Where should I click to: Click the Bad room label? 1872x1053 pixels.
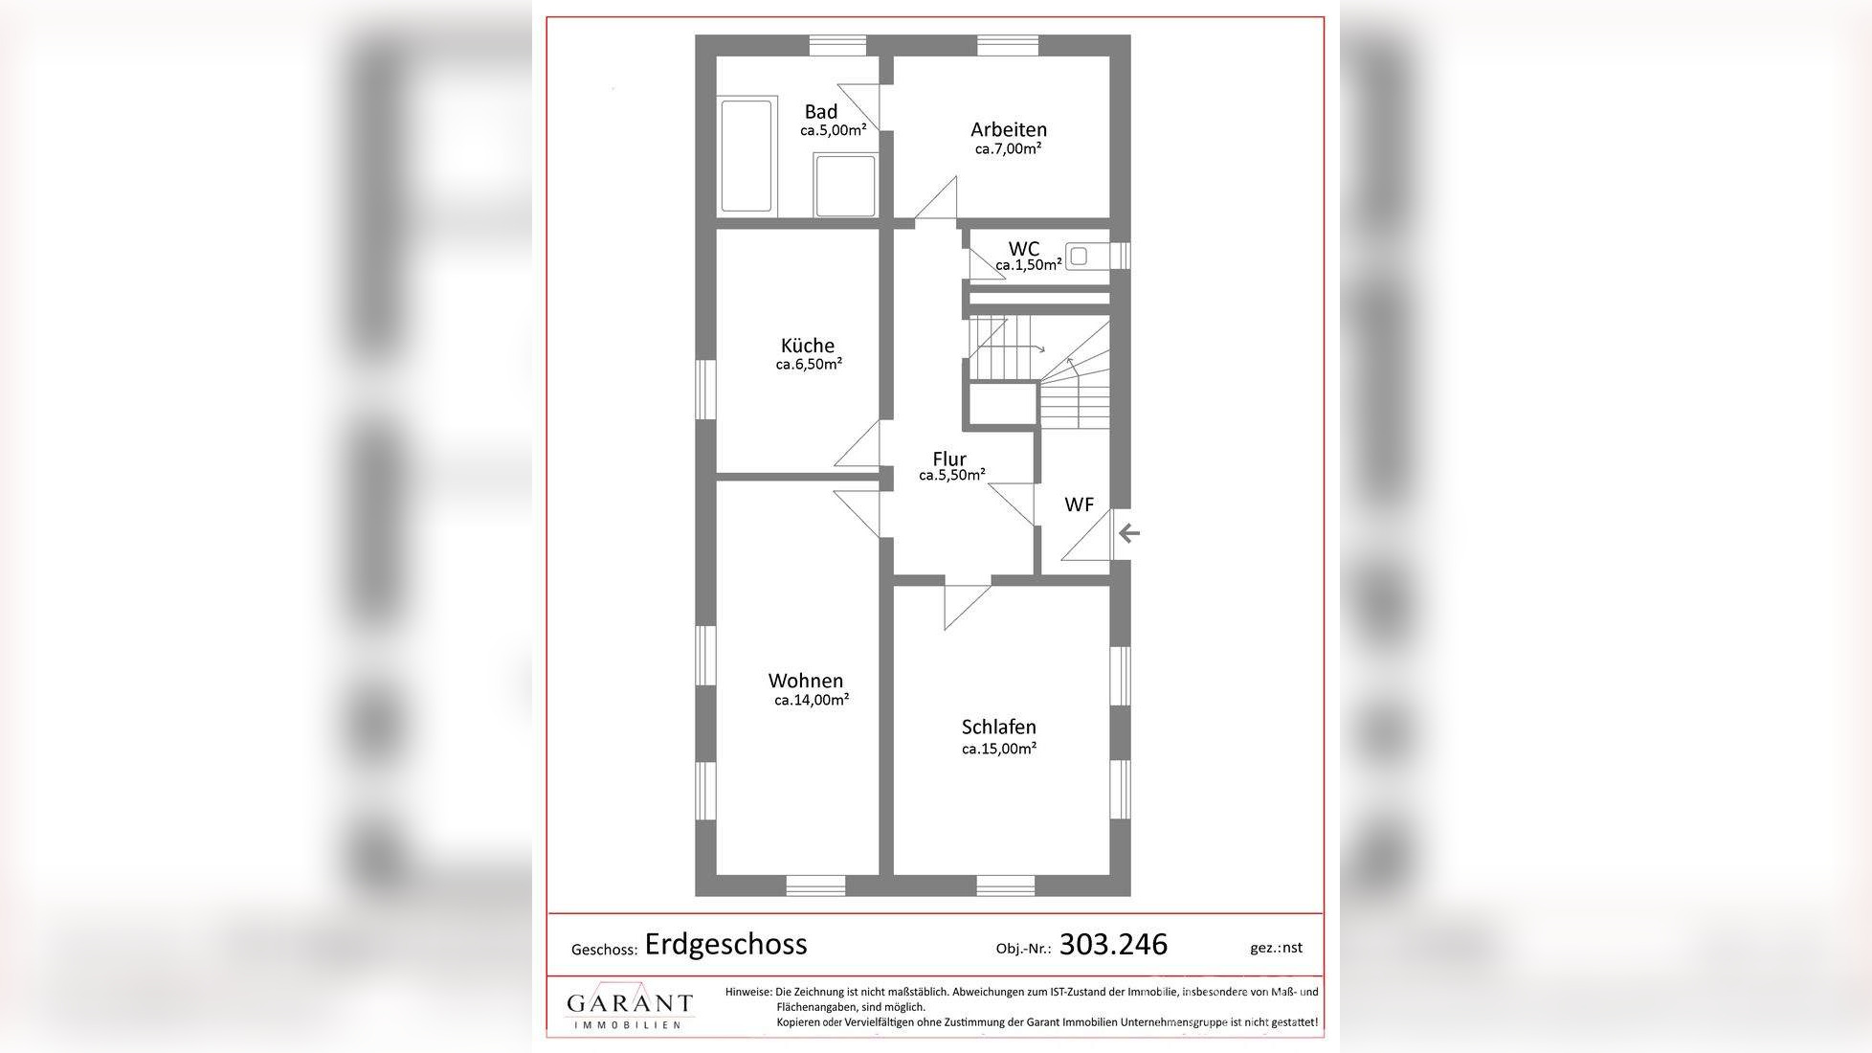[820, 111]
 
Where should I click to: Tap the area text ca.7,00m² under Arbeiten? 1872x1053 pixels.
[1008, 149]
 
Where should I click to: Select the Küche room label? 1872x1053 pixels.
[808, 346]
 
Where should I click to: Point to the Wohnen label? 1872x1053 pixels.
[806, 681]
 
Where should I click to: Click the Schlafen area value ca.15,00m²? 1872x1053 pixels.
[999, 749]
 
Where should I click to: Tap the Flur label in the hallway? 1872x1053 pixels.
[949, 459]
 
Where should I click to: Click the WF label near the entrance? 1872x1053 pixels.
[1079, 504]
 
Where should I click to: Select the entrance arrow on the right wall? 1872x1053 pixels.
[1129, 533]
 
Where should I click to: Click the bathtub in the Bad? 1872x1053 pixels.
[747, 155]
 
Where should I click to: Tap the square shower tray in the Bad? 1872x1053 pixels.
[845, 186]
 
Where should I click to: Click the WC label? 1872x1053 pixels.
[1023, 249]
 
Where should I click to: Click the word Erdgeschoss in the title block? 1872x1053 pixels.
[725, 944]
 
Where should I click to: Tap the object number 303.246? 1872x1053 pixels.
[1113, 945]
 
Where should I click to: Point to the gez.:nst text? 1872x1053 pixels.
[1276, 948]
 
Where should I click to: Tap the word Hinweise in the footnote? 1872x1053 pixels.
[747, 993]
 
